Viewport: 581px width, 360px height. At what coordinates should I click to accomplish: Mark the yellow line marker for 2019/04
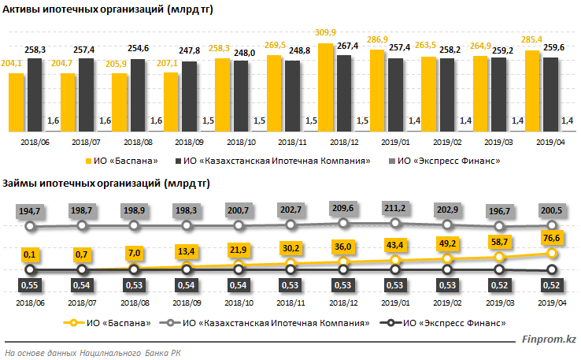(552, 254)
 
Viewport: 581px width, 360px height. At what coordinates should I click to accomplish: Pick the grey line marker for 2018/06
(31, 226)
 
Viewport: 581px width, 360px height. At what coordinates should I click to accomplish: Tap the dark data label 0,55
(31, 284)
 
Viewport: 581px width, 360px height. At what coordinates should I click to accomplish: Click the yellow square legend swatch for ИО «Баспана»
(90, 161)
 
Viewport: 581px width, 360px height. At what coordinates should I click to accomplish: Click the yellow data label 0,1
(31, 254)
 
